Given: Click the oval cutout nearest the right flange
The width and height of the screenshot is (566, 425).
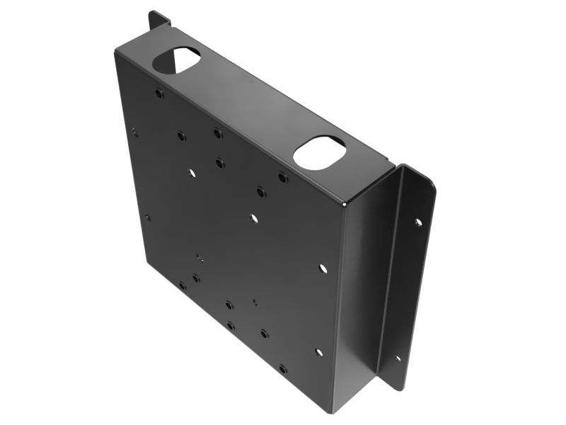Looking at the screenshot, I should coord(319,152).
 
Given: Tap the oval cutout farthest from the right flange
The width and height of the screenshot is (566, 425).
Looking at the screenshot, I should coord(176,60).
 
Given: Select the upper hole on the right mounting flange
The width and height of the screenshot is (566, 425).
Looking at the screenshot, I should coord(418,222).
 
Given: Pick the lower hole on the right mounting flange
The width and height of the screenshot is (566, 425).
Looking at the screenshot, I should coord(398,358).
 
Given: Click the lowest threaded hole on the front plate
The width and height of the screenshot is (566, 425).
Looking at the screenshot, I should coord(283,369).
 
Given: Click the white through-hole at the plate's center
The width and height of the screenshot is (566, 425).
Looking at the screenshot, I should coord(254,218).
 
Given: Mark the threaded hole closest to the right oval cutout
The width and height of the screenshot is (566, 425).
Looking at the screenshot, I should coord(282,177).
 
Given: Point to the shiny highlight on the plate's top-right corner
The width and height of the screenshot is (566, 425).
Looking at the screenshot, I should coord(345,205).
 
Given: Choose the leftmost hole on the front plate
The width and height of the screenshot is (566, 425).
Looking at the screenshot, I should coord(134,132).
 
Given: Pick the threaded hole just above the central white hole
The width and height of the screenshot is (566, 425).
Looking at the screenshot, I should coord(261,191).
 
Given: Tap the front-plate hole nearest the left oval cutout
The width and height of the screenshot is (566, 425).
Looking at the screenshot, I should coord(160,93).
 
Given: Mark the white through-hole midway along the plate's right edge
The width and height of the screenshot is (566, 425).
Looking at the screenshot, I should coord(323,268).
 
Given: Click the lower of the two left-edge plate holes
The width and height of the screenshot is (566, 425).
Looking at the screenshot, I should coord(148,217).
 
